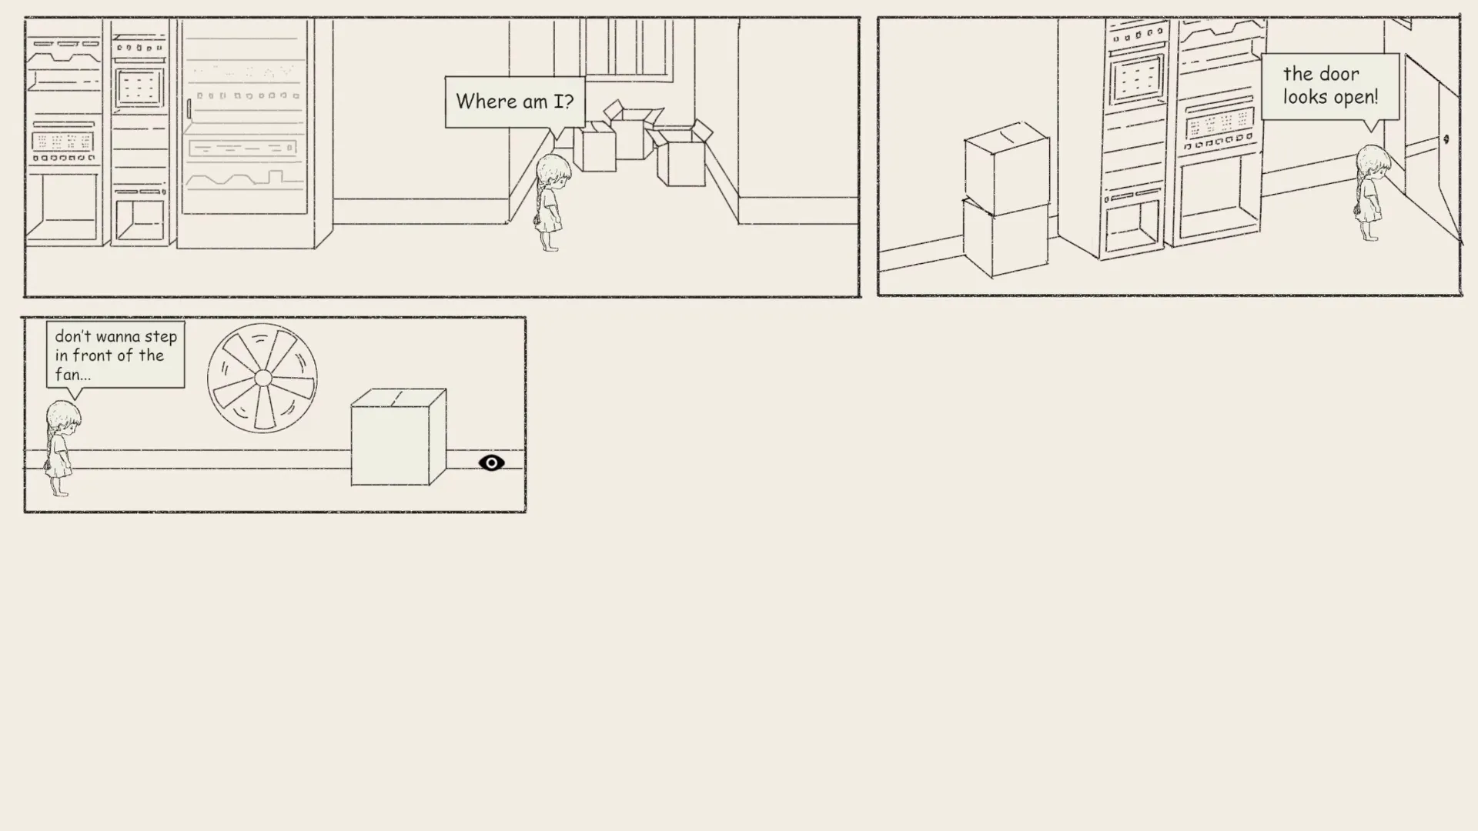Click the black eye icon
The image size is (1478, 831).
[491, 462]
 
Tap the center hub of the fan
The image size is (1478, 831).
[262, 378]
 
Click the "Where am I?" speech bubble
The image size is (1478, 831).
[514, 102]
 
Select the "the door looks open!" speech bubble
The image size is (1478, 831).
[1329, 85]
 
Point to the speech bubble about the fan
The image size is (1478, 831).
[115, 355]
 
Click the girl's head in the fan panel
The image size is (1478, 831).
[63, 419]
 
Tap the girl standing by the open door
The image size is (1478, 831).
[1371, 192]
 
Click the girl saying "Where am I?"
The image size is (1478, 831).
[551, 202]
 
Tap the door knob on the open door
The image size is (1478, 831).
[1446, 139]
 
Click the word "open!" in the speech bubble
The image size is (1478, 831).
[1355, 98]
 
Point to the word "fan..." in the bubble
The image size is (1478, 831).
[72, 375]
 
